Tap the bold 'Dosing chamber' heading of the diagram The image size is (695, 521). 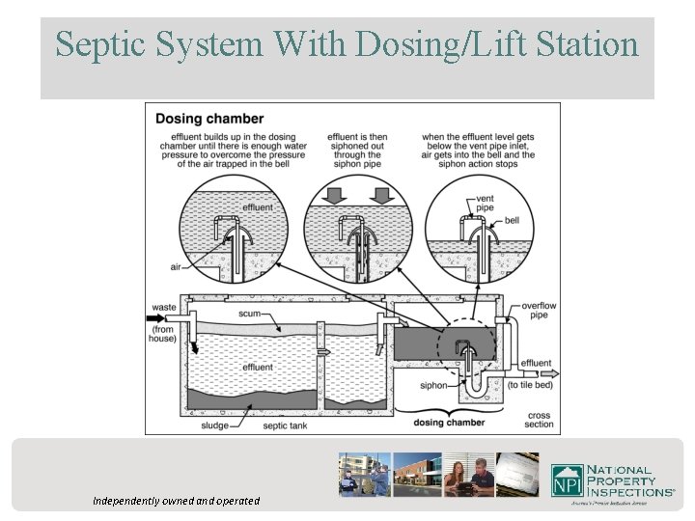point(209,119)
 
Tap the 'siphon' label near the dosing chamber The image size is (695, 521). point(434,385)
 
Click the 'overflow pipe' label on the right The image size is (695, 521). point(539,310)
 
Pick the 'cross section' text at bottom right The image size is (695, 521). point(540,419)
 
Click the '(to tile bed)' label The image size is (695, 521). point(537,384)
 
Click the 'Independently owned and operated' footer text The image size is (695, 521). point(176,501)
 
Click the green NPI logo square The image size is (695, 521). point(569,480)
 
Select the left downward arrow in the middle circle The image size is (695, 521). point(330,196)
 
